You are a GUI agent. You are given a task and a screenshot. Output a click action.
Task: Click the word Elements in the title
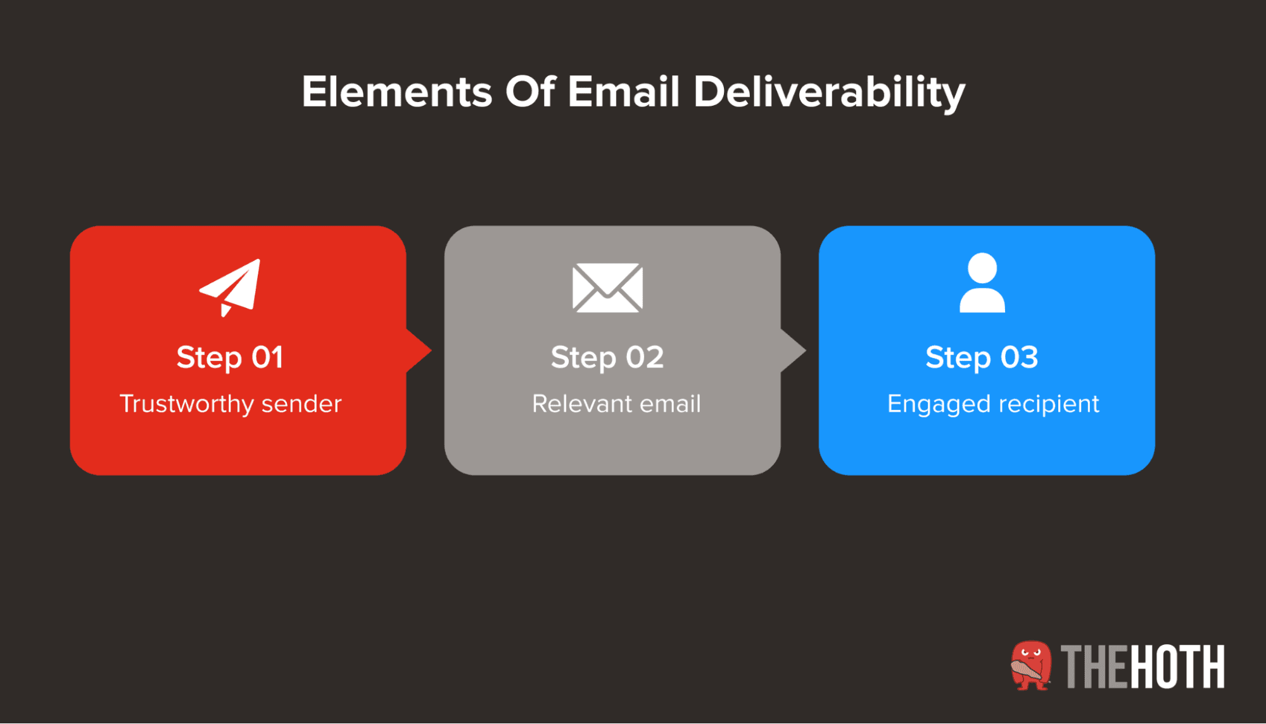[x=396, y=92]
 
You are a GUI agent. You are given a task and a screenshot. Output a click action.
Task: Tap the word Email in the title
[x=623, y=92]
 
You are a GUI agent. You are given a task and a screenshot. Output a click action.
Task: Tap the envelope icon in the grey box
[x=607, y=288]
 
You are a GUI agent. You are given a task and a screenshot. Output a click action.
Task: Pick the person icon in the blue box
[x=982, y=283]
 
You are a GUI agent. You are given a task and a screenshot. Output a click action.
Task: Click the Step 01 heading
[x=230, y=357]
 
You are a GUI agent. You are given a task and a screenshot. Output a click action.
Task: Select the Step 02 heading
[x=607, y=357]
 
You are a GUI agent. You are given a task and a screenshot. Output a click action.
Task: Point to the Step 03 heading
[x=982, y=357]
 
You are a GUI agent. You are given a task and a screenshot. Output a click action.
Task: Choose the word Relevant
[x=574, y=404]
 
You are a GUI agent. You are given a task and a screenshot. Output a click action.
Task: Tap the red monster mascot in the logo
[x=1030, y=665]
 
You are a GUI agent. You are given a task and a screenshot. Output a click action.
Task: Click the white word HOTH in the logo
[x=1177, y=666]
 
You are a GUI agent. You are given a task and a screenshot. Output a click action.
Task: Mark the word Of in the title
[x=529, y=92]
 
